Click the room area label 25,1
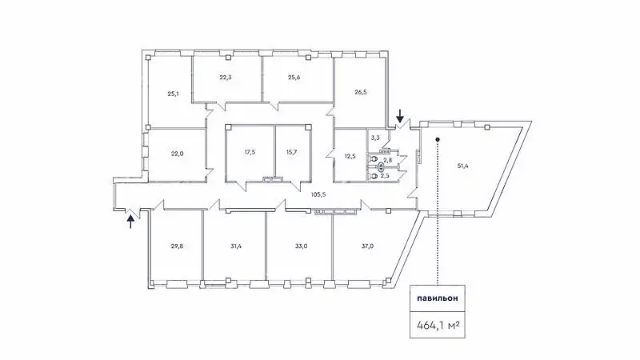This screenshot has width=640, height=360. [x=173, y=94]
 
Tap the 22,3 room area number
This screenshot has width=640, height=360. [x=226, y=77]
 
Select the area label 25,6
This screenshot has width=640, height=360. [x=294, y=77]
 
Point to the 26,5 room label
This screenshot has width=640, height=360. [x=361, y=92]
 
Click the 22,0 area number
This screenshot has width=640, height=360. [x=177, y=154]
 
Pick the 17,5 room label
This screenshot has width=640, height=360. [x=250, y=152]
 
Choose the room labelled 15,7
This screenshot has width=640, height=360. [x=291, y=152]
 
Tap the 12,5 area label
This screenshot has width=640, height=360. [x=350, y=156]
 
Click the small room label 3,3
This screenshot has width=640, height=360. [x=375, y=138]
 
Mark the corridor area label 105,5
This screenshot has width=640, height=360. [x=318, y=194]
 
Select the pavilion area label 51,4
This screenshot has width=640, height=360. [x=463, y=166]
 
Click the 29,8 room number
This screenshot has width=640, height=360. [x=177, y=246]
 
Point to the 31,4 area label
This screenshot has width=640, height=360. [x=236, y=246]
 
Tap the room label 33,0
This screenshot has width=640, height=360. [x=302, y=246]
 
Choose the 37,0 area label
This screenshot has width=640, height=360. [x=367, y=246]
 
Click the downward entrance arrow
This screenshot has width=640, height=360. [x=400, y=116]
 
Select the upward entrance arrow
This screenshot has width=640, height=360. [x=130, y=222]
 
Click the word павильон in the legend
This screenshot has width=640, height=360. [x=438, y=298]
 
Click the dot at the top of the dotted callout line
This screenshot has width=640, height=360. [x=438, y=139]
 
